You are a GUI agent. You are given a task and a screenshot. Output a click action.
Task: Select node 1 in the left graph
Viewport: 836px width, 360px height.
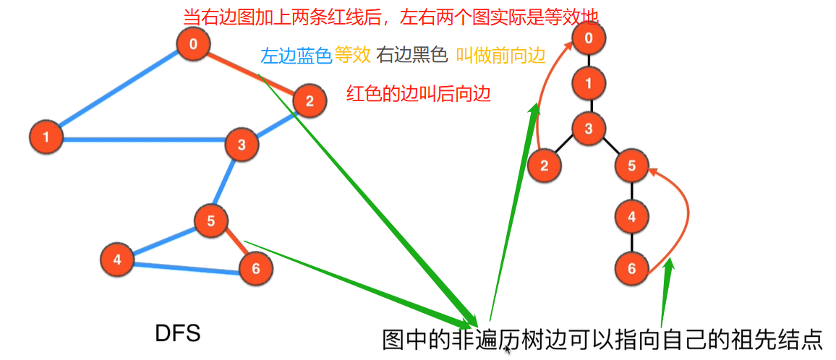(x=46, y=137)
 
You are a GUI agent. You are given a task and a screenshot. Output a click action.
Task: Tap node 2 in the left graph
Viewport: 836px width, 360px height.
(x=309, y=101)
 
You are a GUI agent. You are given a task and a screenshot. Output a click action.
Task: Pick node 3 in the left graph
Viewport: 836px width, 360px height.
(x=242, y=145)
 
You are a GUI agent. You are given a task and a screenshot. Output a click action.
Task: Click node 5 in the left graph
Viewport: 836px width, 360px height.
(x=211, y=221)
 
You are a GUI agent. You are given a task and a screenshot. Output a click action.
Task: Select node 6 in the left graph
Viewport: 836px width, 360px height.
(x=255, y=269)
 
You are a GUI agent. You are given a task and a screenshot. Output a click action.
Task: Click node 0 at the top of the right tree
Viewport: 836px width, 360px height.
(x=589, y=38)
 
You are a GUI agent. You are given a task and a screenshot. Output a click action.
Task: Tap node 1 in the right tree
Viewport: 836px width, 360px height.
(x=589, y=83)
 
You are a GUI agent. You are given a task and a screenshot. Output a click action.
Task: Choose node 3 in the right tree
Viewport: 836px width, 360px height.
(x=589, y=129)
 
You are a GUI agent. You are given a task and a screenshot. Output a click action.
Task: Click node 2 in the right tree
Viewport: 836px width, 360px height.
(x=545, y=166)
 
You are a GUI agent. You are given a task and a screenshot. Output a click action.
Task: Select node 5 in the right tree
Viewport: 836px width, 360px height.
(x=632, y=166)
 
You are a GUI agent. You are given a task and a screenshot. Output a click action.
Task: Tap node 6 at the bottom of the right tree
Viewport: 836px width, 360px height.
(x=632, y=269)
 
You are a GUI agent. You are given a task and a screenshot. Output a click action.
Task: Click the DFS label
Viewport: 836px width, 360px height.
(x=177, y=333)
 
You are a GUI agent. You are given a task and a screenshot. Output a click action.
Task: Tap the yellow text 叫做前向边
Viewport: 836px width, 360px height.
(x=500, y=56)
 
